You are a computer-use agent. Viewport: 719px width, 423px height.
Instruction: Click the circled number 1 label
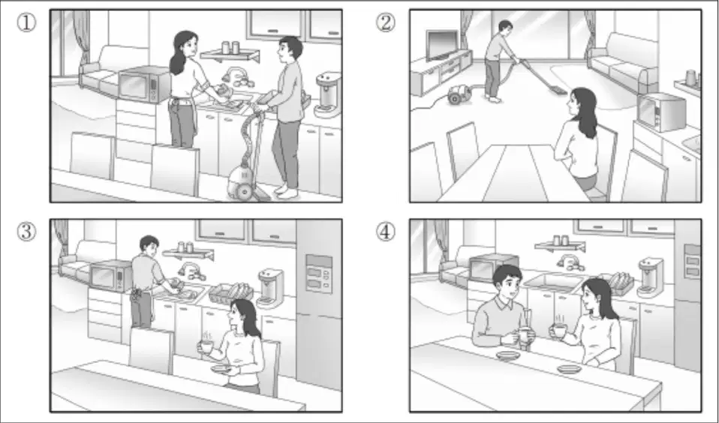click(26, 22)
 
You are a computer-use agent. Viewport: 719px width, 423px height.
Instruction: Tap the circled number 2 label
click(386, 22)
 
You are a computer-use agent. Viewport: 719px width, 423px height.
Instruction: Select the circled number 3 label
click(26, 232)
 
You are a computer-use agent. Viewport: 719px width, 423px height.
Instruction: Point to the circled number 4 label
click(386, 232)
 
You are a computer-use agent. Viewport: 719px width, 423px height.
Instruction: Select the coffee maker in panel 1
click(328, 94)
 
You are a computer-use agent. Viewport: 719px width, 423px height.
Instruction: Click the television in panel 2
click(442, 44)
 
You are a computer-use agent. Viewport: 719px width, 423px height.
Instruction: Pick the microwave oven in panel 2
click(661, 112)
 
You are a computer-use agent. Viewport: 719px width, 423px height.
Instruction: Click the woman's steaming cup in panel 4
click(558, 329)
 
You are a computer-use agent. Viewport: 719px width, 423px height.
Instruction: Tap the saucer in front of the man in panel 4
click(508, 355)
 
